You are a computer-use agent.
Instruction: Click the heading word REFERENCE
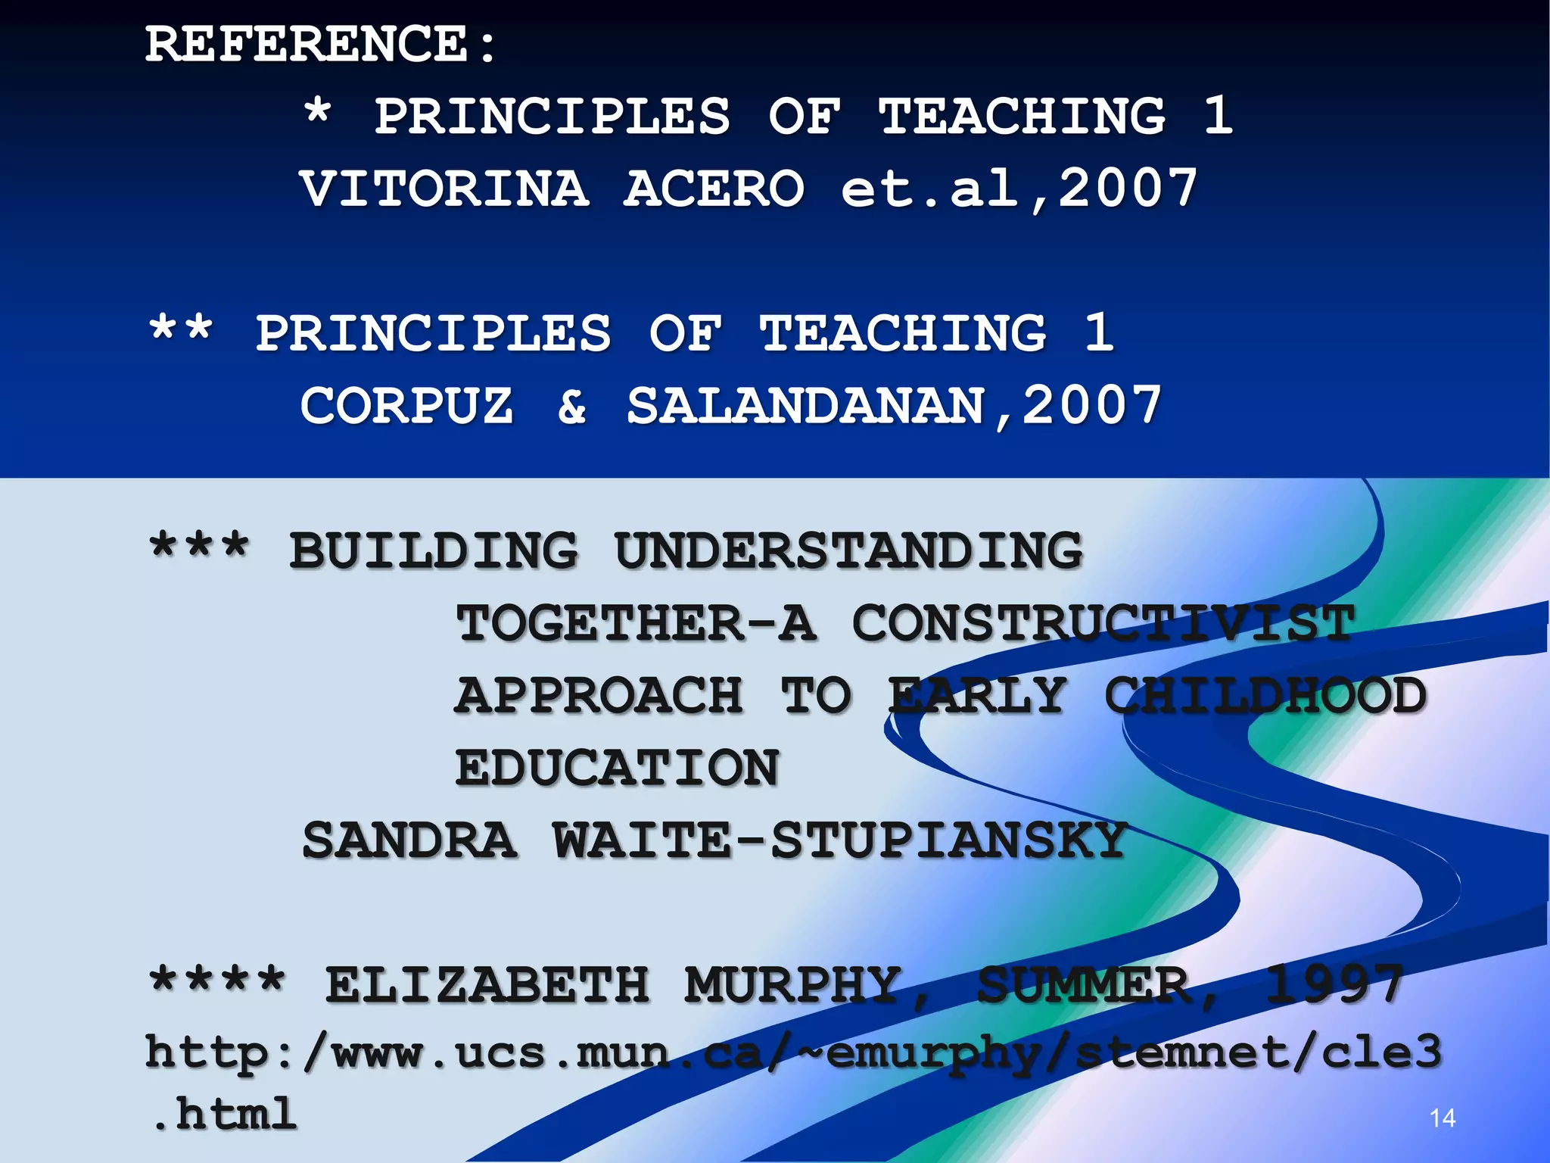point(307,44)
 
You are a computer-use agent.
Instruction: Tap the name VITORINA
point(444,189)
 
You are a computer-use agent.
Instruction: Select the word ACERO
point(714,189)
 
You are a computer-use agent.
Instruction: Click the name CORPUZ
point(407,406)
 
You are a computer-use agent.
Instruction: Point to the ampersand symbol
point(572,407)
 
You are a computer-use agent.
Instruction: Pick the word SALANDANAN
point(805,407)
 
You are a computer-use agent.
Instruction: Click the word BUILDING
point(434,550)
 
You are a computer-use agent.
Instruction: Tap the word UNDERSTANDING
point(849,550)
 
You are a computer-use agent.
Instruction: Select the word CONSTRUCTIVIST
point(1103,623)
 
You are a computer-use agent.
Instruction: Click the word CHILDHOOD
point(1265,696)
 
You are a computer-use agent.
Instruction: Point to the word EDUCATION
point(617,768)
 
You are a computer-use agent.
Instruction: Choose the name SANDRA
point(409,840)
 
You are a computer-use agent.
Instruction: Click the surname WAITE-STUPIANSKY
point(840,840)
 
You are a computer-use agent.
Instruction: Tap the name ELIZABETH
point(487,985)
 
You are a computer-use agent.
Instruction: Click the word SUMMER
point(1082,985)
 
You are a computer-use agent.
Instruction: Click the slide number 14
point(1443,1118)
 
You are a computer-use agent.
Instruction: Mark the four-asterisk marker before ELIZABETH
point(217,981)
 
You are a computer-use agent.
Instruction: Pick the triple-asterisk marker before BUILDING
point(199,546)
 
